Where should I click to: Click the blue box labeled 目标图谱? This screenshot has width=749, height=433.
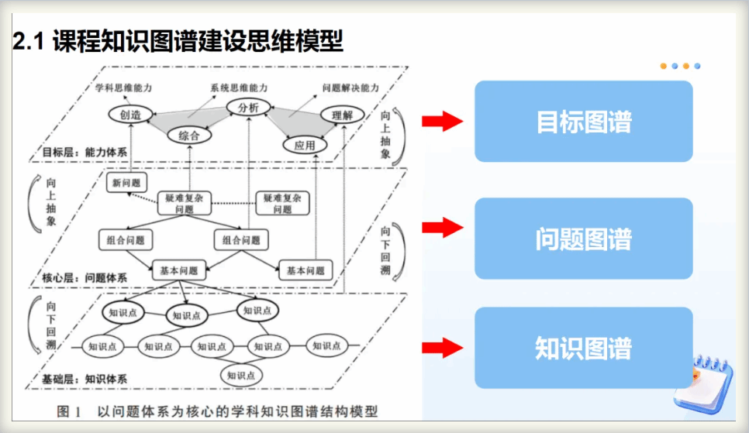click(583, 122)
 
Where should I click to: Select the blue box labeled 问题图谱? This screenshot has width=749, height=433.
click(583, 239)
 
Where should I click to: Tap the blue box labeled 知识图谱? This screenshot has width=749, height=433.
click(583, 348)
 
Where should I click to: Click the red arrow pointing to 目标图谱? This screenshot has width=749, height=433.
click(442, 122)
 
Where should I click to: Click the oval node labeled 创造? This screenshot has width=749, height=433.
click(130, 115)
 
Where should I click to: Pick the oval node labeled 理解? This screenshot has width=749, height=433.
click(342, 115)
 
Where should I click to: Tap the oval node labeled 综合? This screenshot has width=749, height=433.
click(189, 136)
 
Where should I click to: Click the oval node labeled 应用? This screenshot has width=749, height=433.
click(305, 145)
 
